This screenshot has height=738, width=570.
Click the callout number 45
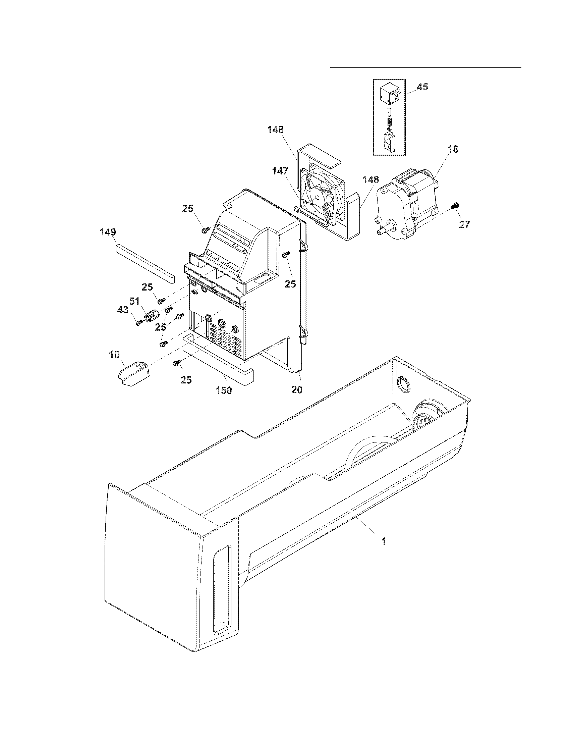[422, 87]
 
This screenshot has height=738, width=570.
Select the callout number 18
[453, 149]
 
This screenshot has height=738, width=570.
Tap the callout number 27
[464, 225]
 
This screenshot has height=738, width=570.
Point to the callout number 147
[280, 171]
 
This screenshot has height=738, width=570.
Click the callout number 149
[108, 232]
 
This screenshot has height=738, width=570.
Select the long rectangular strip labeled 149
[145, 264]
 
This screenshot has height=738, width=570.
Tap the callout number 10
[114, 355]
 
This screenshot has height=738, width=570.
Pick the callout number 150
[224, 390]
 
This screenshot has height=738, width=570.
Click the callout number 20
[297, 389]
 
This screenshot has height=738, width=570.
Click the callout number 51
[134, 301]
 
